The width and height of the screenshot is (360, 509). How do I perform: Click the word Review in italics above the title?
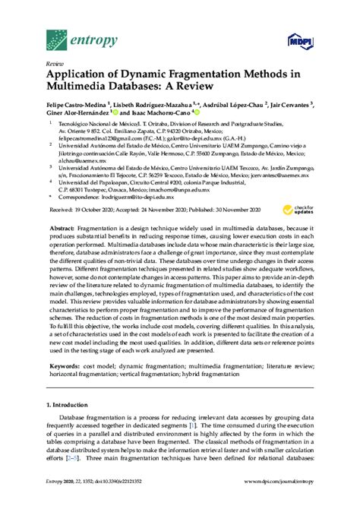(54, 65)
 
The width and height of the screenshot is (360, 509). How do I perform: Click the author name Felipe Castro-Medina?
(80, 109)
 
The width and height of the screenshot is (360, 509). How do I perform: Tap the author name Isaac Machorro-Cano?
(159, 120)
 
